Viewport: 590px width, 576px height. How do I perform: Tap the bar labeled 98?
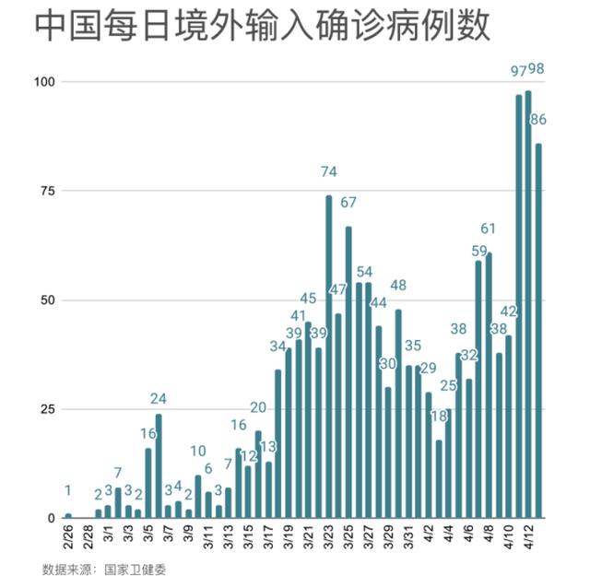(528, 304)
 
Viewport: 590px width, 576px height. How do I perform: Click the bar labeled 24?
(159, 465)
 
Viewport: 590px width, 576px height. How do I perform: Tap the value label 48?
(398, 286)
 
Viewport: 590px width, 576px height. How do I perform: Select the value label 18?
(439, 417)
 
